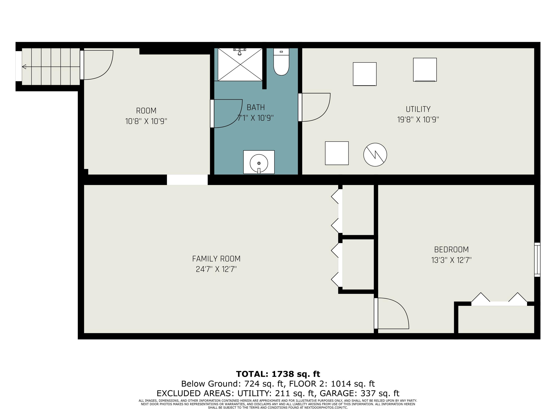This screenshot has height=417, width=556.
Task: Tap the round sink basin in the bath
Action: (259, 163)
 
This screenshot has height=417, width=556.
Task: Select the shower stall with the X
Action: (240, 65)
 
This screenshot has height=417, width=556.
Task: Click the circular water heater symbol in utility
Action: (375, 155)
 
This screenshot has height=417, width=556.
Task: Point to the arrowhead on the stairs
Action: (24, 67)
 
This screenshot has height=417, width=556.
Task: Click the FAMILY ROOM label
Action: (216, 259)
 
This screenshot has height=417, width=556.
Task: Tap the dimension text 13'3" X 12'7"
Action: (451, 260)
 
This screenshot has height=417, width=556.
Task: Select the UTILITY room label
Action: (418, 109)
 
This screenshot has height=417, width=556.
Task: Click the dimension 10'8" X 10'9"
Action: (146, 121)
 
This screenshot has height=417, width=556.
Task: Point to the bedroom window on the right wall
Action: (537, 260)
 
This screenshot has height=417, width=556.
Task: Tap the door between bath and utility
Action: (315, 107)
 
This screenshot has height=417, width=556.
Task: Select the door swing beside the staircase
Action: (98, 65)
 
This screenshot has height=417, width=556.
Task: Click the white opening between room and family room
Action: (187, 180)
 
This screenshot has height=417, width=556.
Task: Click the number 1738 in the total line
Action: (283, 374)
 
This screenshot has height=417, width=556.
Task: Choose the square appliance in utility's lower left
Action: (337, 153)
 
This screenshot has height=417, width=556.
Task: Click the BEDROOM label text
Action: (451, 250)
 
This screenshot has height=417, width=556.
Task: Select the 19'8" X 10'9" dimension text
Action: (418, 120)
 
